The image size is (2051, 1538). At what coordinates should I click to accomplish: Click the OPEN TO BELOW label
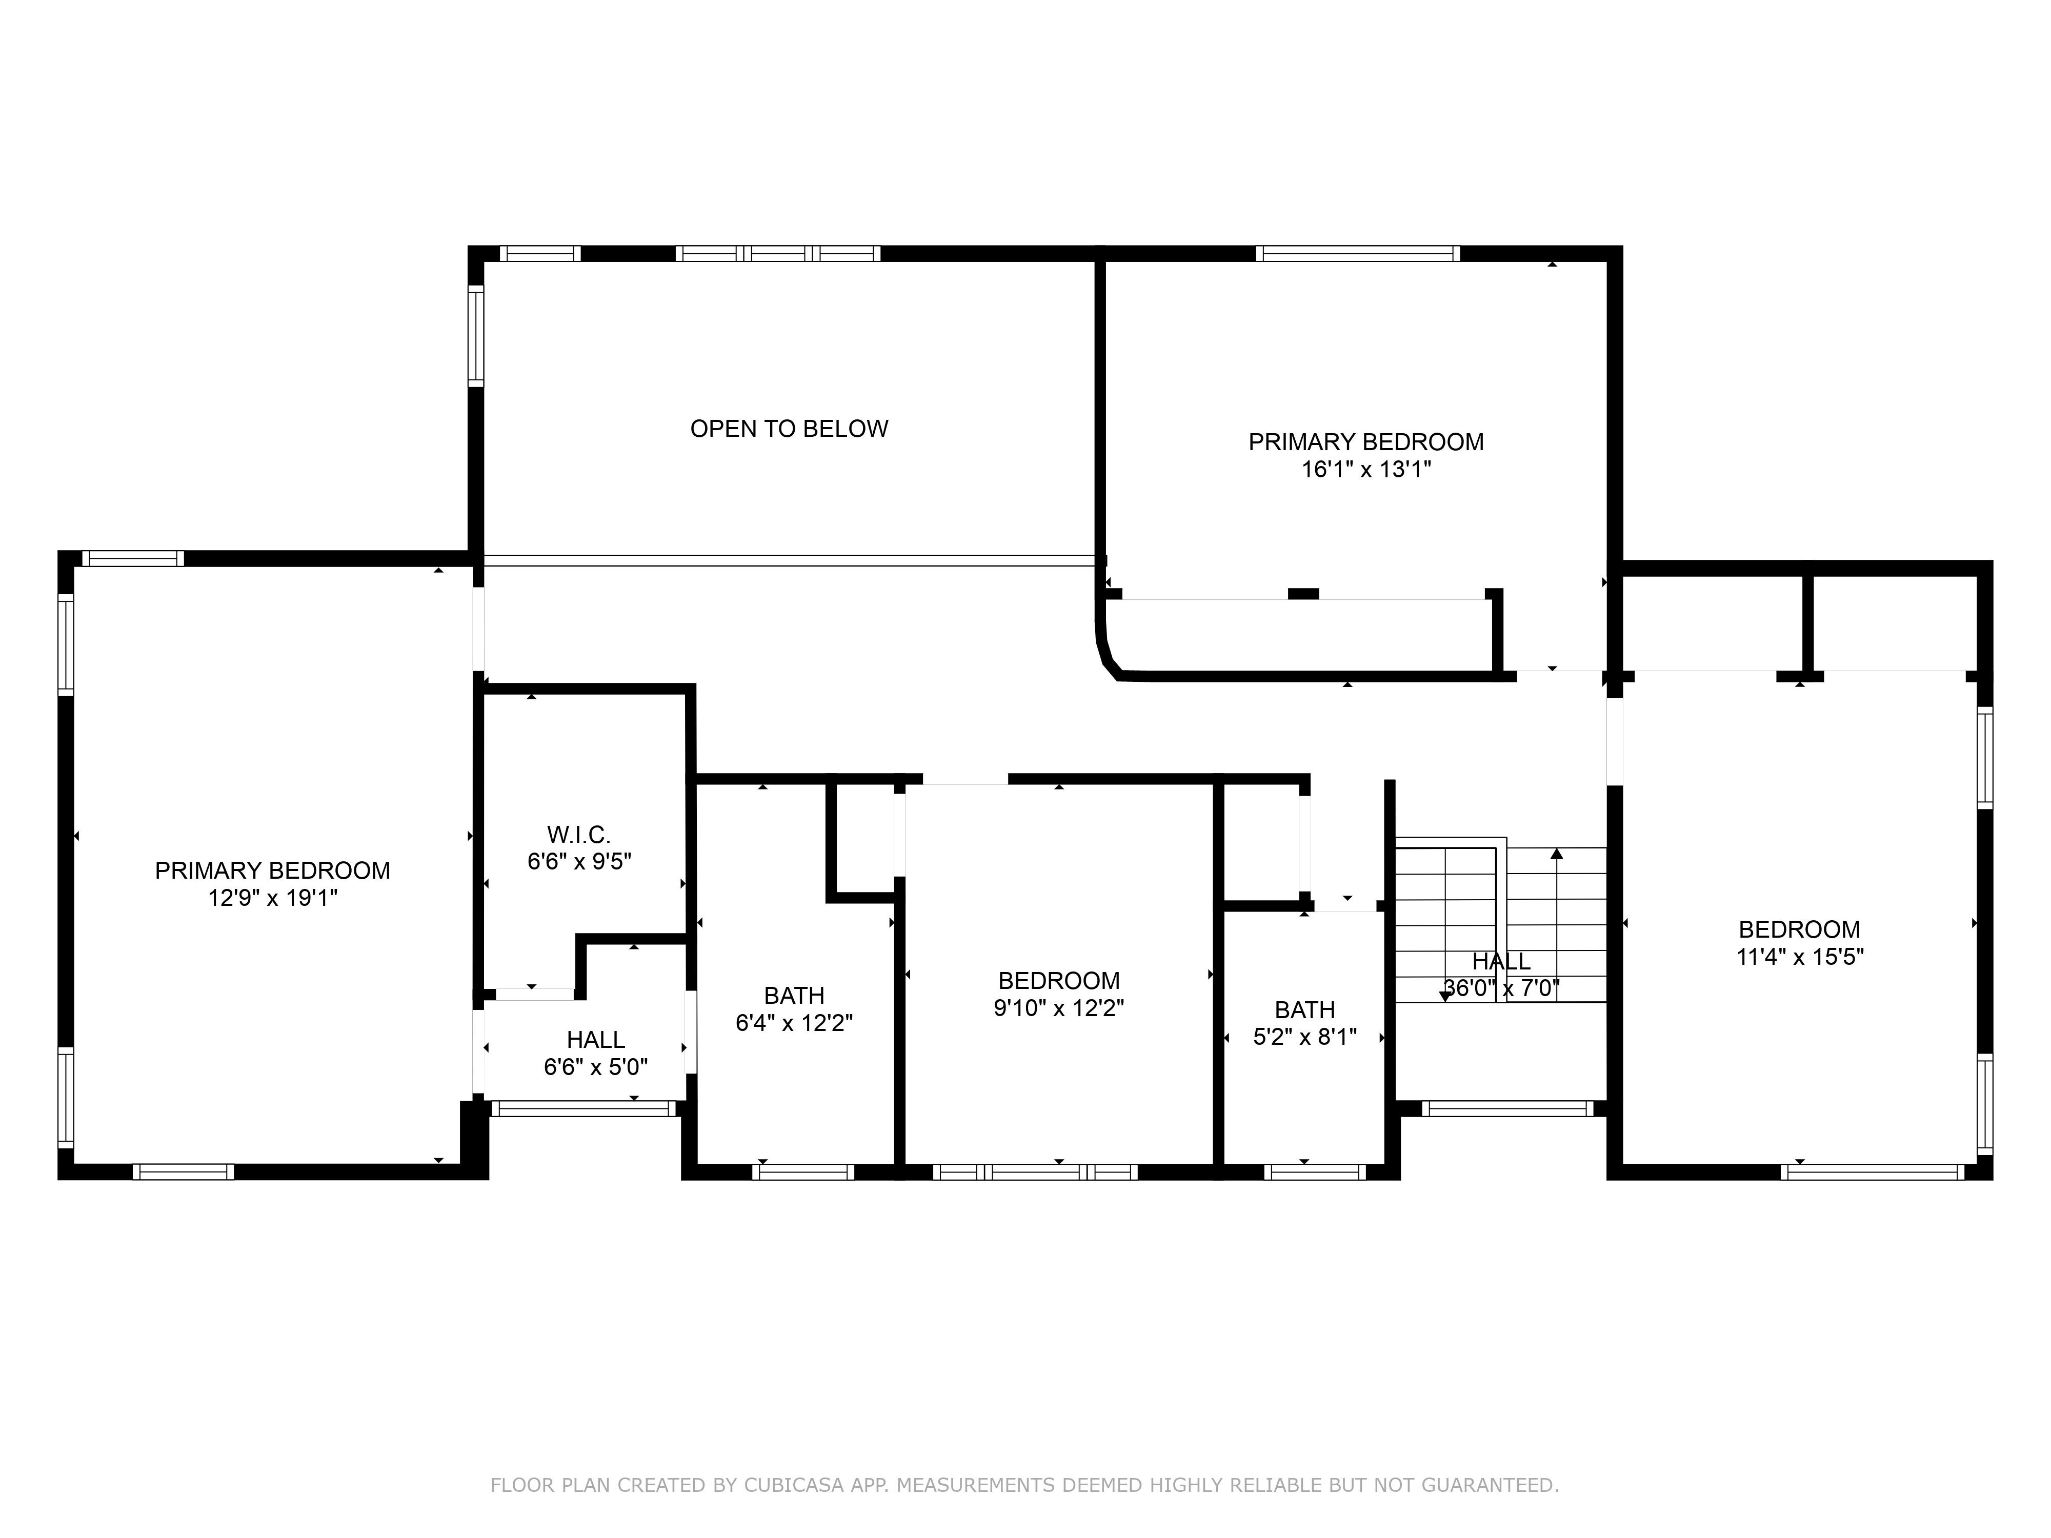[789, 428]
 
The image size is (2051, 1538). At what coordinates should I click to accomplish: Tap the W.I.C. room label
[578, 834]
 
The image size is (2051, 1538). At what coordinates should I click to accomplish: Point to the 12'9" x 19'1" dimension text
[273, 897]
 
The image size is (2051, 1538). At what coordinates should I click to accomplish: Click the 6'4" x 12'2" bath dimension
[795, 1023]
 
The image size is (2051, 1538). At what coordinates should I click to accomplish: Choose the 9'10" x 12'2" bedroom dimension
[1059, 1008]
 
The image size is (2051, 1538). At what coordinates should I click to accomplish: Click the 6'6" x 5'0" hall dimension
[596, 1066]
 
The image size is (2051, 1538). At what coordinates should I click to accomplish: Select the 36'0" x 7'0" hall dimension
[1501, 988]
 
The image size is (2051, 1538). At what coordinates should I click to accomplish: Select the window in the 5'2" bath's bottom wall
[1315, 1172]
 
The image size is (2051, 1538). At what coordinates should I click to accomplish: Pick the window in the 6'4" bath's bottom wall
[803, 1172]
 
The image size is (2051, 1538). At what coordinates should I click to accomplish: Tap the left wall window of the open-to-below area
[476, 336]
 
